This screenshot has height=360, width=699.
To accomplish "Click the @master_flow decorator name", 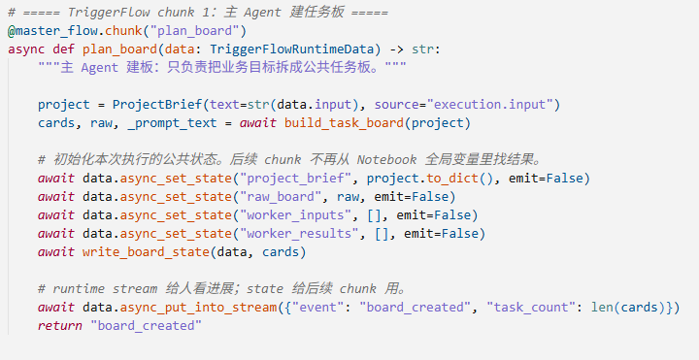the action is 52,31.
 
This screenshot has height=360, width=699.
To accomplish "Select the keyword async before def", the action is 26,49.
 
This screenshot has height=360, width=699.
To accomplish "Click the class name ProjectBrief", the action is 157,104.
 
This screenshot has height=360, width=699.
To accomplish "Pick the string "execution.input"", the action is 489,104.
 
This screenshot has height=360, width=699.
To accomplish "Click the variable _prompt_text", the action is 172,123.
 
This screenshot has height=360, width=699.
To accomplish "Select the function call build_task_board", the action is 344,123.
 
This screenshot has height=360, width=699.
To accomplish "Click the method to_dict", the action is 452,179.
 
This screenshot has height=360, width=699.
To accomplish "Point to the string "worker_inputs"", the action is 295,215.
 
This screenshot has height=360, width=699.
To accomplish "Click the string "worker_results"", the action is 299,234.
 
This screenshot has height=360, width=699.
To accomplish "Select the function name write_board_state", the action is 146,252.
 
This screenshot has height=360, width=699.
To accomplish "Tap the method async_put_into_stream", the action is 198,308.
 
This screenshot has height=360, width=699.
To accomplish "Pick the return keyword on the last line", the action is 60,326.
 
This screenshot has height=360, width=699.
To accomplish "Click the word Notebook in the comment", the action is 386,159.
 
